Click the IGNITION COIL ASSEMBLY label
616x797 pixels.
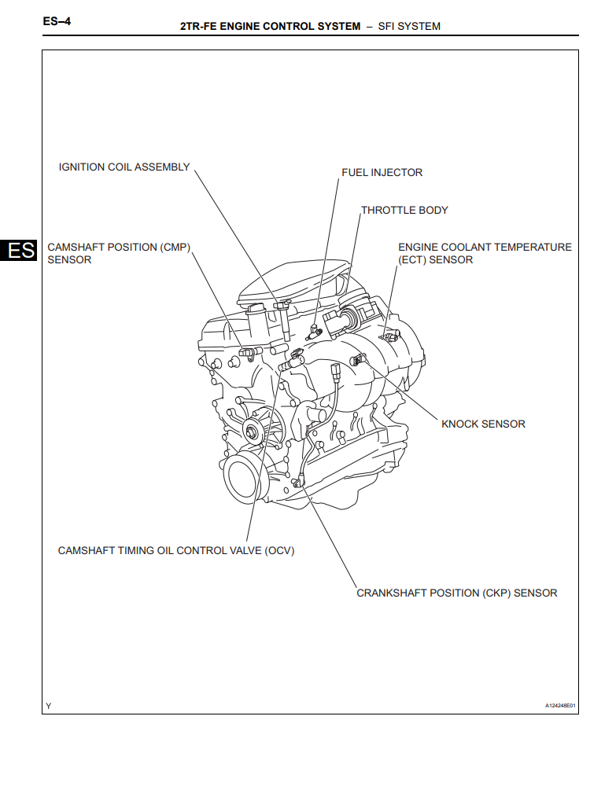124,167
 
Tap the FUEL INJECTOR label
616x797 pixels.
382,172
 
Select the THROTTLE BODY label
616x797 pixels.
404,210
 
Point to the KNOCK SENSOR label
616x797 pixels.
483,424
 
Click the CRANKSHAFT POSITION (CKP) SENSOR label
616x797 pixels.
456,593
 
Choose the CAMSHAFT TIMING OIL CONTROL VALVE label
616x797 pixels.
175,550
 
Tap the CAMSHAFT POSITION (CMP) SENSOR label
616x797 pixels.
119,253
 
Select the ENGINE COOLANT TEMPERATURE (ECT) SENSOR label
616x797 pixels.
485,253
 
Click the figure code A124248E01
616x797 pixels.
560,706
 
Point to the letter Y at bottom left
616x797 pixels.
49,706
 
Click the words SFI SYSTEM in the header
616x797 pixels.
409,26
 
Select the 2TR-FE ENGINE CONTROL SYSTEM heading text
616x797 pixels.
270,26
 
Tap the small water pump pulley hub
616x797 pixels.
253,429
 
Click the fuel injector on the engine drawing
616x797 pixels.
313,331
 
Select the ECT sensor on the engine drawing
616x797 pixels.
385,336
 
